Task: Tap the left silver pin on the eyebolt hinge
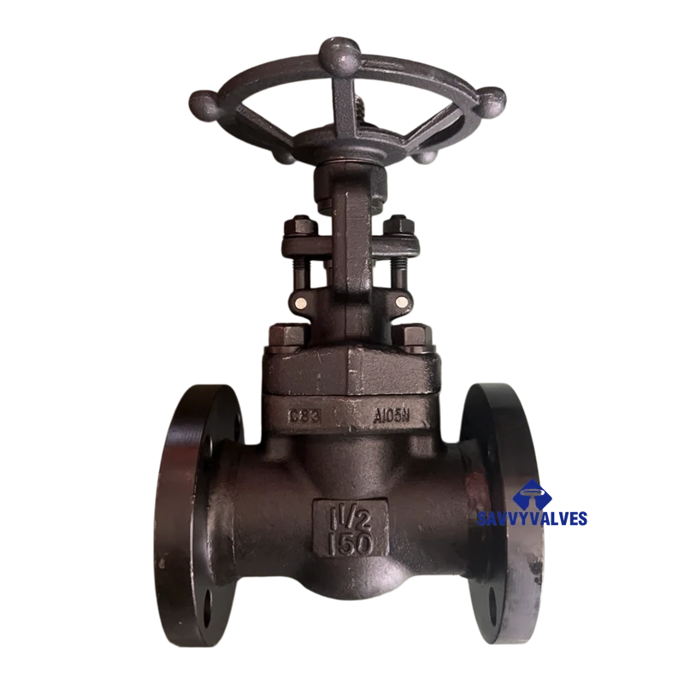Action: (x=302, y=304)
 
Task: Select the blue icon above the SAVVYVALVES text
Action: (x=530, y=493)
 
